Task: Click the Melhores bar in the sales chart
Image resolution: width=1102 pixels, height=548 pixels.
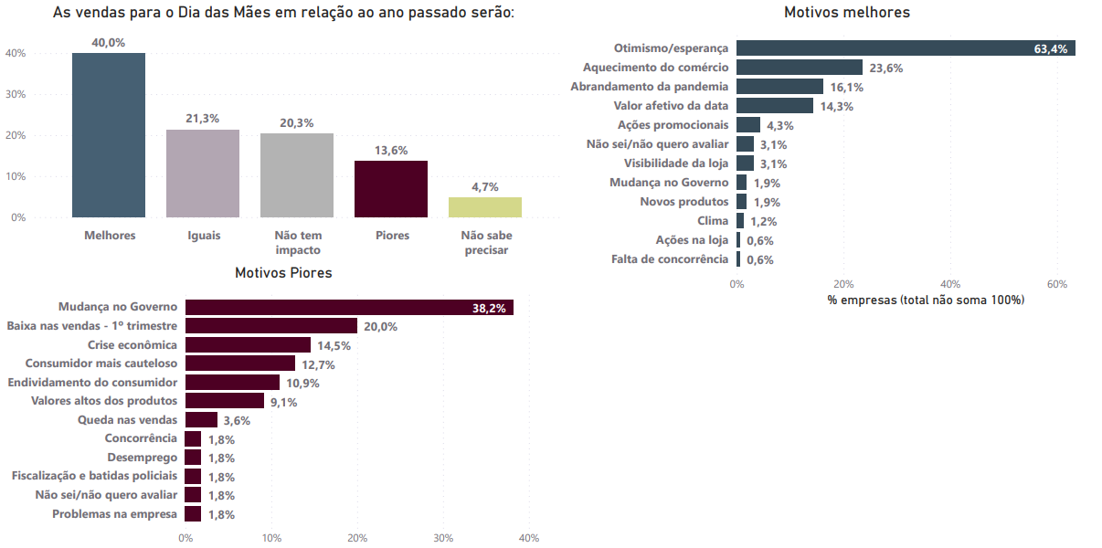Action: coord(109,135)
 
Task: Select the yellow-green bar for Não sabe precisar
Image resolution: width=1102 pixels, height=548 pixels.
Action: coord(484,207)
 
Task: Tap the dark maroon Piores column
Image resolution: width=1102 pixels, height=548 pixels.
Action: coord(390,189)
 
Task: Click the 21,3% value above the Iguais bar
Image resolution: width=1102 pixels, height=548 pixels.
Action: coord(202,119)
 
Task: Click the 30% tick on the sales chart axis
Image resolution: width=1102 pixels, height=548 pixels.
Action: coord(15,94)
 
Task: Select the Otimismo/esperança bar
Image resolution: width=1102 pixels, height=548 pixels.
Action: coord(905,48)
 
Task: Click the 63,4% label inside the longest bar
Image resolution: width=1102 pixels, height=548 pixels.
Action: coord(1051,49)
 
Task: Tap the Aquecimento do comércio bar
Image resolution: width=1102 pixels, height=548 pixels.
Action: coord(799,68)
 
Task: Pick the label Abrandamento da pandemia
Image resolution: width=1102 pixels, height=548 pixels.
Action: coord(650,87)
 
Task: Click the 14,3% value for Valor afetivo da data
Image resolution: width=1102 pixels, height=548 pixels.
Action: coord(836,106)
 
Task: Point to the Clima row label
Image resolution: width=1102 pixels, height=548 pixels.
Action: coord(713,221)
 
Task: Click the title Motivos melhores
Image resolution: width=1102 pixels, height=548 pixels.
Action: coord(846,13)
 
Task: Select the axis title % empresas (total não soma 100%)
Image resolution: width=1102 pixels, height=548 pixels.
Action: coord(926,300)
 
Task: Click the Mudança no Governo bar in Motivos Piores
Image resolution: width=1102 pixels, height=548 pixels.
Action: coord(349,308)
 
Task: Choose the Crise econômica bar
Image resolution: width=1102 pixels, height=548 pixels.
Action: coord(248,345)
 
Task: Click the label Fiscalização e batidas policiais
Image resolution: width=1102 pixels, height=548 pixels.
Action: coord(94,476)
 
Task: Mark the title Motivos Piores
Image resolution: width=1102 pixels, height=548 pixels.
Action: coord(283,273)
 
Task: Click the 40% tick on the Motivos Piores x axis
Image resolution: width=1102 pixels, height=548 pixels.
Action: coord(528,538)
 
